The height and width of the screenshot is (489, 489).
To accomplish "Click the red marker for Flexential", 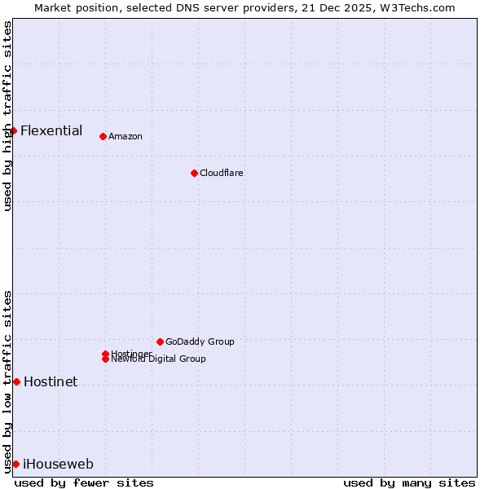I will point(13,130).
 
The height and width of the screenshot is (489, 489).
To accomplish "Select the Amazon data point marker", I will point(103,136).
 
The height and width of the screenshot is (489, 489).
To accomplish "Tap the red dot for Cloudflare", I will point(194,173).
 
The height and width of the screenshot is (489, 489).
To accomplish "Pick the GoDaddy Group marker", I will point(160,341).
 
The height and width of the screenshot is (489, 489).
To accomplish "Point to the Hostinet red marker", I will point(16,381).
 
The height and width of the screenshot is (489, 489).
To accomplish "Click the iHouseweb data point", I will point(15,464).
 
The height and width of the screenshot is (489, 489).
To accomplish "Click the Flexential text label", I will point(51,130).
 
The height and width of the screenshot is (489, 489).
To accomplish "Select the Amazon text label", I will point(126,136).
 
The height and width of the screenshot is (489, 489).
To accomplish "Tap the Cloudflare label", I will point(222,173).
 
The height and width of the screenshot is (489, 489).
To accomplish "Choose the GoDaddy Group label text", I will point(200,341).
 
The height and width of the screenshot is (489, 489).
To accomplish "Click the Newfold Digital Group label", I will point(159,359).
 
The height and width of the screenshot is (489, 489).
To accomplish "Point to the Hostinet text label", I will point(51,381).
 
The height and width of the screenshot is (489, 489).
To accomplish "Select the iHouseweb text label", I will point(58,465).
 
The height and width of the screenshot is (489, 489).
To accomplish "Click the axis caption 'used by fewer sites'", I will point(84,482).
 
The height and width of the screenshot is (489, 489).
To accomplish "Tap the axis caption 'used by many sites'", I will point(409,482).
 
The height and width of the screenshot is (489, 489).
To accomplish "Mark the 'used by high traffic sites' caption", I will point(7,116).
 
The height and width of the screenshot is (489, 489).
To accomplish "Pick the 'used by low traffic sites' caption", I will point(7,381).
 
